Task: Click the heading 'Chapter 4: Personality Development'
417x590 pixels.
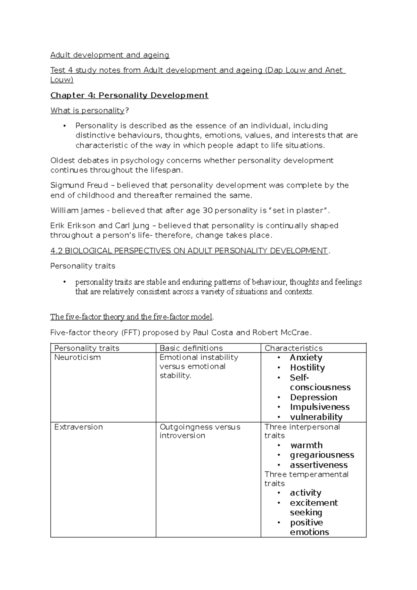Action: pyautogui.click(x=129, y=95)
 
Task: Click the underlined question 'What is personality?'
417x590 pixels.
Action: pyautogui.click(x=89, y=111)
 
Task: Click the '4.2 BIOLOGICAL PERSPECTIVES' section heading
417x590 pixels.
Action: pyautogui.click(x=189, y=251)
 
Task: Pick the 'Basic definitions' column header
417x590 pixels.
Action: pyautogui.click(x=191, y=348)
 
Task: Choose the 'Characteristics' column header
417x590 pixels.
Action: pyautogui.click(x=293, y=348)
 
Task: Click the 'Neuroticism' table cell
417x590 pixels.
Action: pyautogui.click(x=77, y=357)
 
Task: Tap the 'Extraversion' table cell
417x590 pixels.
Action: pyautogui.click(x=79, y=427)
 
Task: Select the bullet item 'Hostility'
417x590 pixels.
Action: pyautogui.click(x=307, y=368)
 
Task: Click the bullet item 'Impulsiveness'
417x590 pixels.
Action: pyautogui.click(x=320, y=407)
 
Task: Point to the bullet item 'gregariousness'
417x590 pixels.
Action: pyautogui.click(x=322, y=455)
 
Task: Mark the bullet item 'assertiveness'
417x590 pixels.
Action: pyautogui.click(x=319, y=465)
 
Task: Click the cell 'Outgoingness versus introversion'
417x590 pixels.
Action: pyautogui.click(x=200, y=431)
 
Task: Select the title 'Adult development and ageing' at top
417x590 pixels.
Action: pyautogui.click(x=110, y=55)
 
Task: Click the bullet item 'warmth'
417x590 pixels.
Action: pyautogui.click(x=306, y=445)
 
